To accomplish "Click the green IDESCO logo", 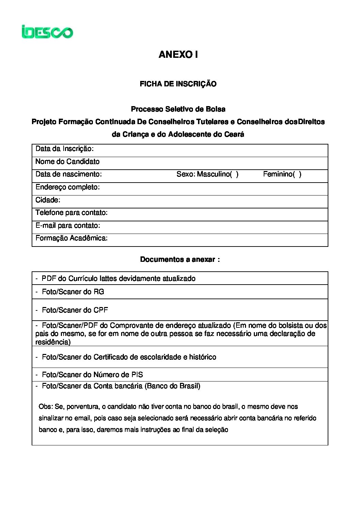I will pos(47,32).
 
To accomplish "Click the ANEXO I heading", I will pos(178,55).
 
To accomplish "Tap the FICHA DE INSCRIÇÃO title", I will pos(178,84).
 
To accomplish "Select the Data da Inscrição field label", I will pos(64,149).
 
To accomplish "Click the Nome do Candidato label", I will pos(67,162).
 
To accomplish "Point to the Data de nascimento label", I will pos(68,174).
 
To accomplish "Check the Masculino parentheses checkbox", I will pos(234,174).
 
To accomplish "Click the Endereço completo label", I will pos(67,187).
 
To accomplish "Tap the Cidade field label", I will pos(48,200).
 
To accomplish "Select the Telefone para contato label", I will pos(71,213).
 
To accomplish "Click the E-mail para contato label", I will pos(68,225).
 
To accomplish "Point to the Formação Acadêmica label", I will pos(71,238).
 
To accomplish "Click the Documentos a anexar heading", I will pos(180,259).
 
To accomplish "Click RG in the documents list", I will pos(99,292).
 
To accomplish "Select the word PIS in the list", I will pos(137,375).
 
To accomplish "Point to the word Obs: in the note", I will pos(45,407).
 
